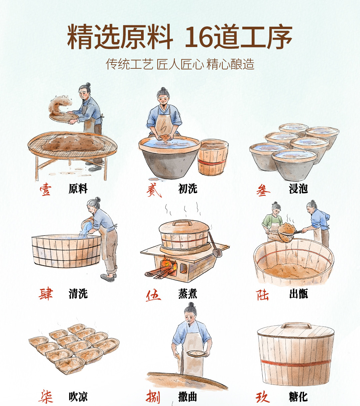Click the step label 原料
tap(78, 188)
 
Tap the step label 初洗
tap(188, 188)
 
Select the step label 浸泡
tap(298, 188)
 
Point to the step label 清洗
tap(78, 294)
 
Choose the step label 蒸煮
tap(188, 294)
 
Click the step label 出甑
tap(298, 294)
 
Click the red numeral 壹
tap(45, 189)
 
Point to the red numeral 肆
tap(46, 294)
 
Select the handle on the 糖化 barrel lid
tap(296, 325)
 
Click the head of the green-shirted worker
tap(276, 209)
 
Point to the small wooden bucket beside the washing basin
tap(213, 157)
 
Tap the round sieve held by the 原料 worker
tap(64, 117)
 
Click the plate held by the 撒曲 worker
tap(196, 354)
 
